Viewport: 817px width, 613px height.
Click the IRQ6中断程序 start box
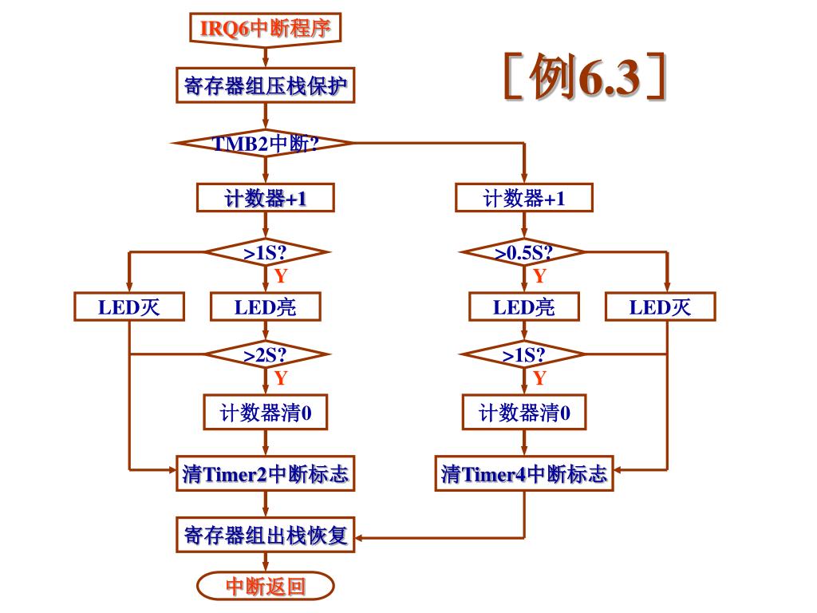click(x=265, y=29)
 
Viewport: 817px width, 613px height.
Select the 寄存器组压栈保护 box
click(x=265, y=85)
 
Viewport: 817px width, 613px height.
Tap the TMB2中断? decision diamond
click(x=265, y=144)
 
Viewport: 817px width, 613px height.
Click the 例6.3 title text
click(x=585, y=78)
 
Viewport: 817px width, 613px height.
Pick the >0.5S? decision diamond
click(x=523, y=252)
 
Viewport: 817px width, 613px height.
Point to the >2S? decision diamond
click(x=265, y=354)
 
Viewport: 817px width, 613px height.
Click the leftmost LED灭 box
click(x=129, y=306)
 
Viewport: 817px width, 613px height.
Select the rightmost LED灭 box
click(x=660, y=306)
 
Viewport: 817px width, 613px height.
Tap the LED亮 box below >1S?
click(x=265, y=306)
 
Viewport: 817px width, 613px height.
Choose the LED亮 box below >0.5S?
click(x=523, y=306)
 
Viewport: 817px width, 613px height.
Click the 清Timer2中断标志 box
click(x=265, y=474)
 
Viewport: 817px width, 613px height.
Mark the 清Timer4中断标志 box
click(x=523, y=474)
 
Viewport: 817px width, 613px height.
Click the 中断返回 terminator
click(x=265, y=587)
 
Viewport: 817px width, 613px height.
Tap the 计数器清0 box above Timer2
click(x=265, y=413)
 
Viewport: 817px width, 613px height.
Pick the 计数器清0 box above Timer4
click(x=523, y=413)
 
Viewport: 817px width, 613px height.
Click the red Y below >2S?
click(x=280, y=378)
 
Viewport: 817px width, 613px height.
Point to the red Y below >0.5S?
click(x=539, y=276)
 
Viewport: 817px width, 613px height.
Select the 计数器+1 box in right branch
click(x=523, y=198)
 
